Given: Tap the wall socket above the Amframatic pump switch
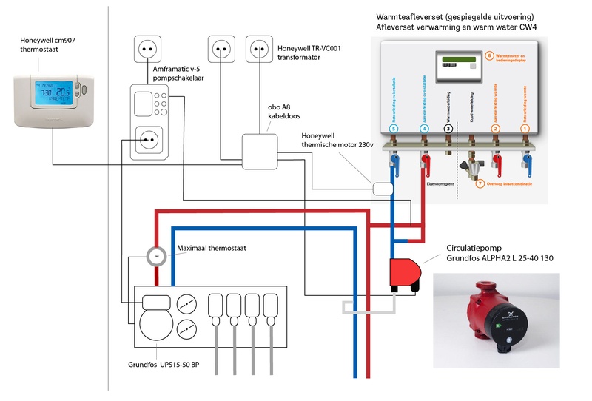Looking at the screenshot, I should coord(148,50).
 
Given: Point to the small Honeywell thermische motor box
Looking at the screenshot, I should coord(383,188).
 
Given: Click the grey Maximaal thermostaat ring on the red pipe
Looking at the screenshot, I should coord(156,256).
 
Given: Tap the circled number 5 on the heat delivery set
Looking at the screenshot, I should coord(394,129).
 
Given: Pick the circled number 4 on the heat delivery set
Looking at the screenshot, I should coord(423,129).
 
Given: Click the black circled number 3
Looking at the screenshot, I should coord(448,129).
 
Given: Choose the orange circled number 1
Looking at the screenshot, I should coord(525,129).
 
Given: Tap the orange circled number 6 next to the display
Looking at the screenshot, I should coord(489,55).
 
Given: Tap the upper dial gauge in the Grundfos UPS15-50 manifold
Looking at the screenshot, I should coord(188,303).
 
